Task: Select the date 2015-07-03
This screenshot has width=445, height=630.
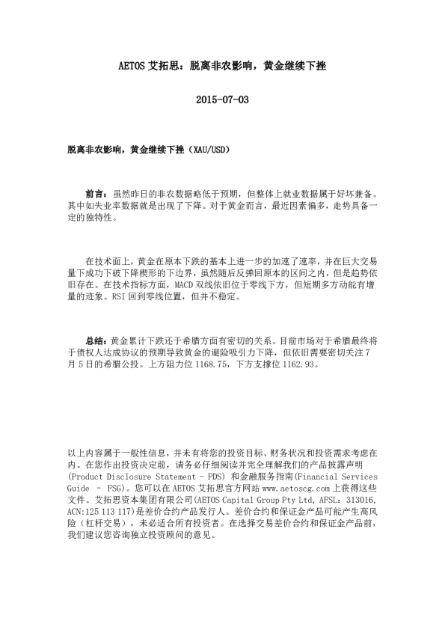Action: (222, 99)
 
